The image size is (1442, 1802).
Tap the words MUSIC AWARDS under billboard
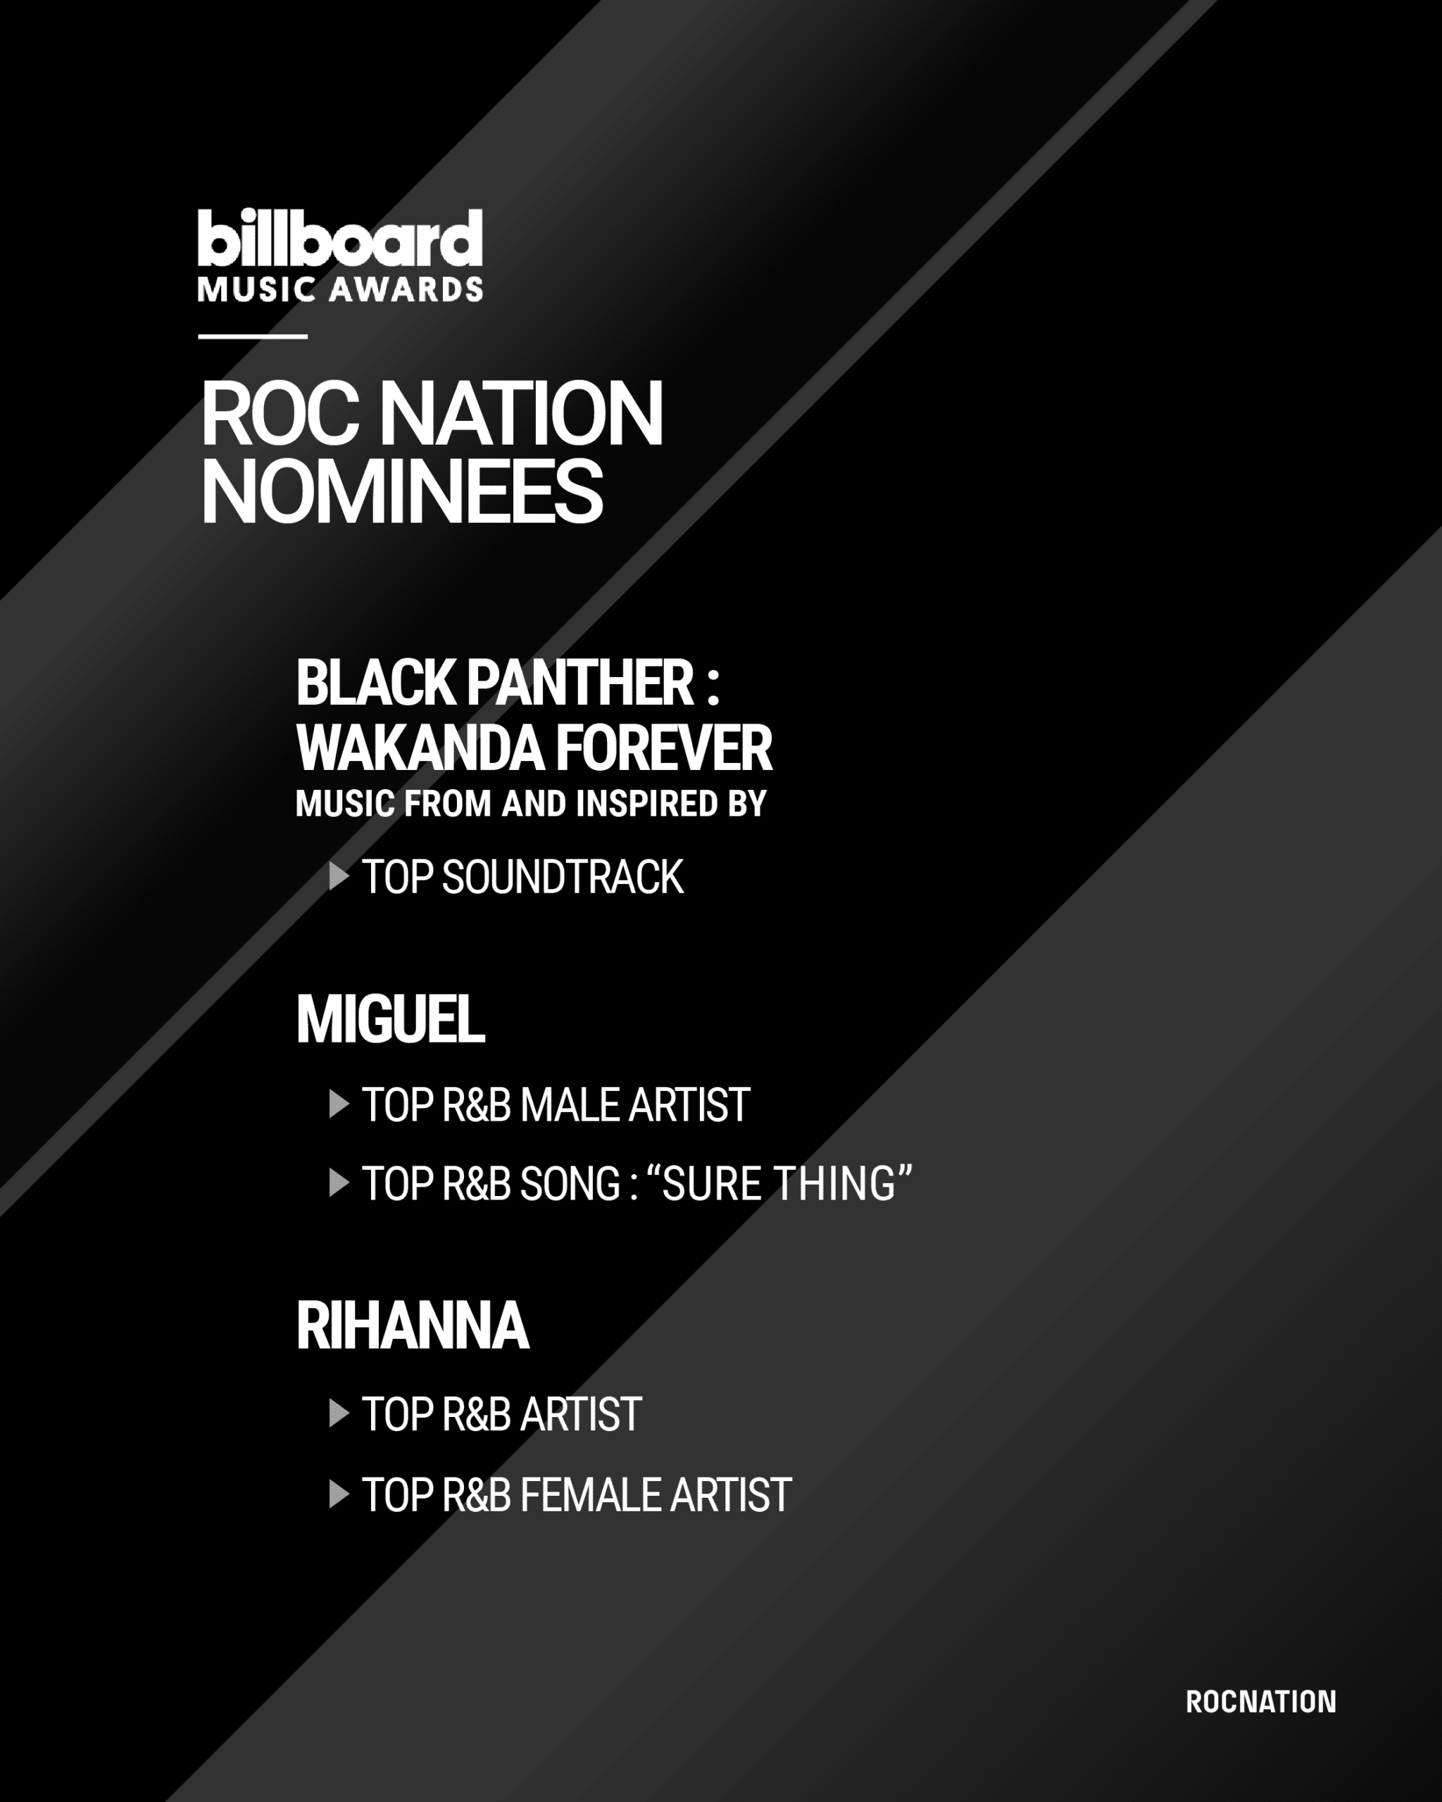pyautogui.click(x=340, y=289)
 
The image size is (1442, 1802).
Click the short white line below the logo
pyautogui.click(x=253, y=336)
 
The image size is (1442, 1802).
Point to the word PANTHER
pyautogui.click(x=580, y=682)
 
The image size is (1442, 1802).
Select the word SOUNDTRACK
pyautogui.click(x=563, y=878)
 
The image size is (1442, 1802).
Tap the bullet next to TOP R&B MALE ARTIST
pyautogui.click(x=339, y=1104)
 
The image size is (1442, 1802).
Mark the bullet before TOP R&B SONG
pyautogui.click(x=339, y=1183)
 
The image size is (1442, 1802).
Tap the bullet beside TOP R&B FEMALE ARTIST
pyautogui.click(x=339, y=1494)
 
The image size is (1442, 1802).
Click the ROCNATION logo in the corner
pyautogui.click(x=1260, y=1702)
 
